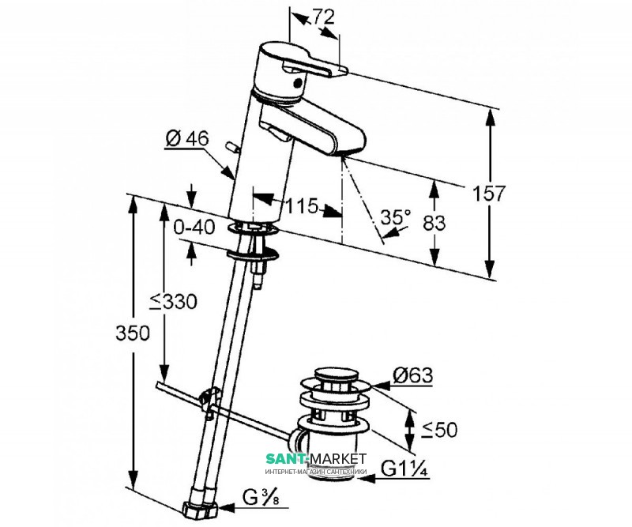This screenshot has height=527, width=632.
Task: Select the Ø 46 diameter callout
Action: click(187, 139)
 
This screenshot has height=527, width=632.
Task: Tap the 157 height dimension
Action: click(488, 194)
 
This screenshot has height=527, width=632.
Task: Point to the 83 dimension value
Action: click(434, 223)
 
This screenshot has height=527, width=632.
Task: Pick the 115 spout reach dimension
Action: click(302, 206)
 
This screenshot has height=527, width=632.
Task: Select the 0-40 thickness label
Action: click(194, 228)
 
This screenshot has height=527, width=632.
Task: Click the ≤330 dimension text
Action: click(173, 302)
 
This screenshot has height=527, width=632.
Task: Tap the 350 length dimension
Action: click(133, 333)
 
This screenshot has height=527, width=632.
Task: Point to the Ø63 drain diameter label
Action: click(412, 376)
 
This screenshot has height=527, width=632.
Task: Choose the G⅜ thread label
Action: click(261, 498)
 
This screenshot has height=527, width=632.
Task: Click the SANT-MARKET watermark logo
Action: click(316, 462)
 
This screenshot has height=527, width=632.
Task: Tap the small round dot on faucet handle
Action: click(298, 84)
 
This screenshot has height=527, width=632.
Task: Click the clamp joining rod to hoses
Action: click(209, 401)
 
